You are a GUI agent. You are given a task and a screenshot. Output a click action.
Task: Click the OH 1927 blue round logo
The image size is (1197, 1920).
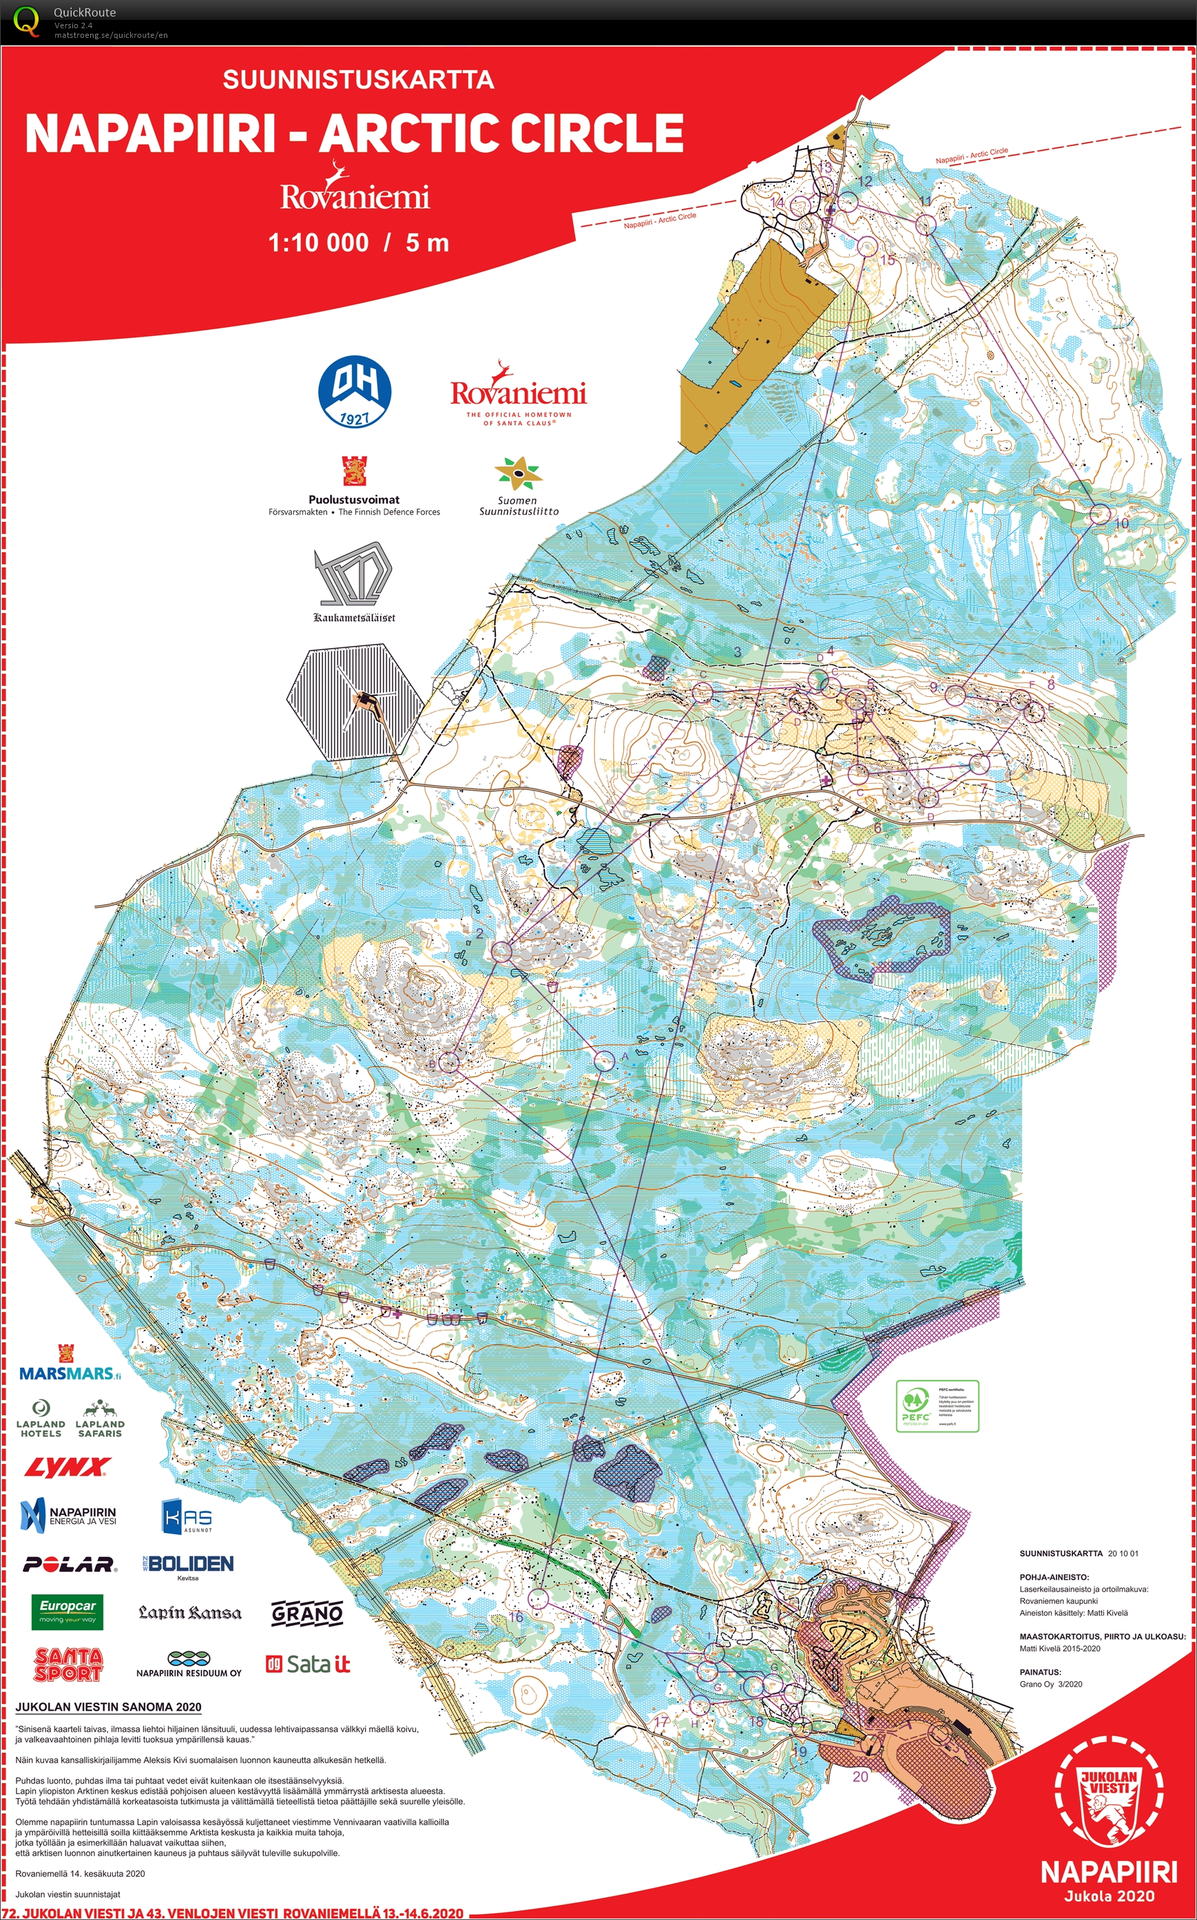354,392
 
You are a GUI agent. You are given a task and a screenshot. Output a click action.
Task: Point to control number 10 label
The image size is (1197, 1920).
1121,524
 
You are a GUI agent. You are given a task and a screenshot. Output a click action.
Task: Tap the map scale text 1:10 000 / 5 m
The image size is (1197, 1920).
358,242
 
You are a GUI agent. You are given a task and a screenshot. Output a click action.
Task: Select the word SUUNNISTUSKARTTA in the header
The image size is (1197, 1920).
358,79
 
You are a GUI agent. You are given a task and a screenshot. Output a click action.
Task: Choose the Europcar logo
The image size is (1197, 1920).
68,1610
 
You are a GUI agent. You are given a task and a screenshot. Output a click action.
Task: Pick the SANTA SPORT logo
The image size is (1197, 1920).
68,1664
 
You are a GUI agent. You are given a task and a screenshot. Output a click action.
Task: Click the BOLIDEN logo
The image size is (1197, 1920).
189,1564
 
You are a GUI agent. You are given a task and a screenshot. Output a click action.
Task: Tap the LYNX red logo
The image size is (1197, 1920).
67,1469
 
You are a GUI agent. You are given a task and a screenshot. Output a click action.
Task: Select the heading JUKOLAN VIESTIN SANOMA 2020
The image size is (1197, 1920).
108,1707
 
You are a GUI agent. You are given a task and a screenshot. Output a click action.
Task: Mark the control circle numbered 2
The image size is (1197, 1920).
501,951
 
